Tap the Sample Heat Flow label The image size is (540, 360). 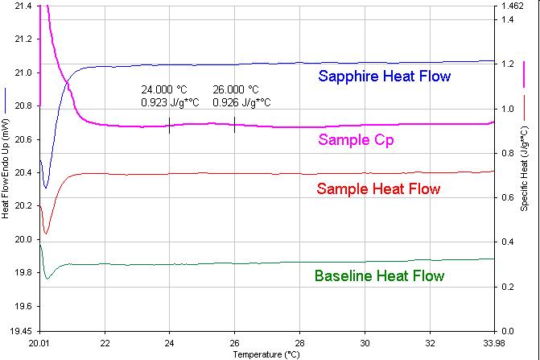point(379,189)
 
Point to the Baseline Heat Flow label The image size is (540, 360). point(379,276)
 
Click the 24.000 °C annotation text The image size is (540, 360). point(164,90)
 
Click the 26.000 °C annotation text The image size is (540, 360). point(236,90)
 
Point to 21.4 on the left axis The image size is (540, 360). point(23,6)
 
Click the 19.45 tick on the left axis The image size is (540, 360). point(20,331)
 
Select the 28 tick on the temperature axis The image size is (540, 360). point(299,341)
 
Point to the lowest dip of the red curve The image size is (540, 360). point(46,234)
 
